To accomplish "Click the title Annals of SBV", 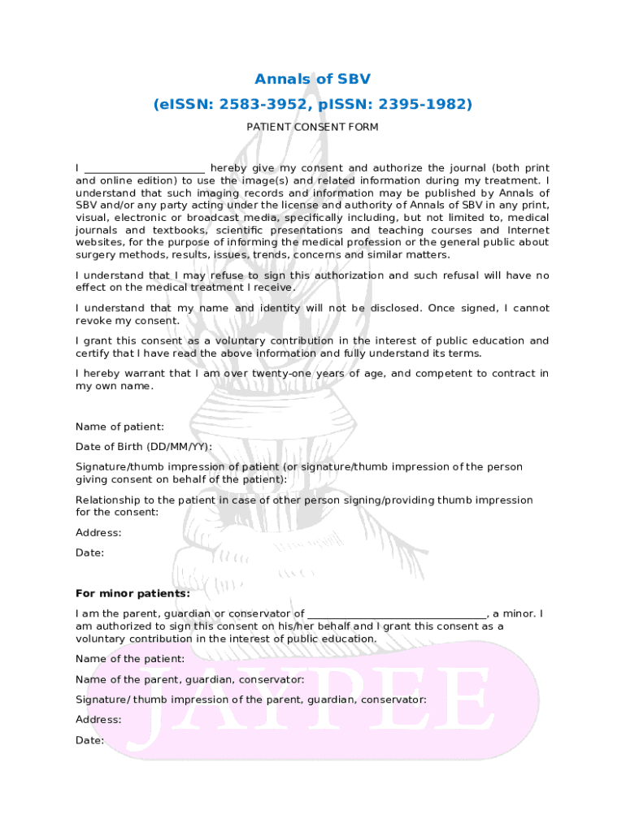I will pyautogui.click(x=312, y=80).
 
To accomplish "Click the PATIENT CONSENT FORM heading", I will pyautogui.click(x=312, y=128).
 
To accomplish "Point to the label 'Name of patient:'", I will pyautogui.click(x=120, y=427).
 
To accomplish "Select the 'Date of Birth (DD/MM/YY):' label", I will pyautogui.click(x=144, y=447).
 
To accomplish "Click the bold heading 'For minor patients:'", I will pyautogui.click(x=133, y=593).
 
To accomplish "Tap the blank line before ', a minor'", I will pyautogui.click(x=397, y=614).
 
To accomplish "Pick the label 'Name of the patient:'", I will pyautogui.click(x=130, y=659).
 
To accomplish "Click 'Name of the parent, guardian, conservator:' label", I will pyautogui.click(x=190, y=679).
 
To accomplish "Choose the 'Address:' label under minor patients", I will pyautogui.click(x=98, y=720).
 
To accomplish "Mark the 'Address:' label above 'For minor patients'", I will pyautogui.click(x=98, y=533).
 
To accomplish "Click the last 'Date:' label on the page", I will pyautogui.click(x=89, y=741).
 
